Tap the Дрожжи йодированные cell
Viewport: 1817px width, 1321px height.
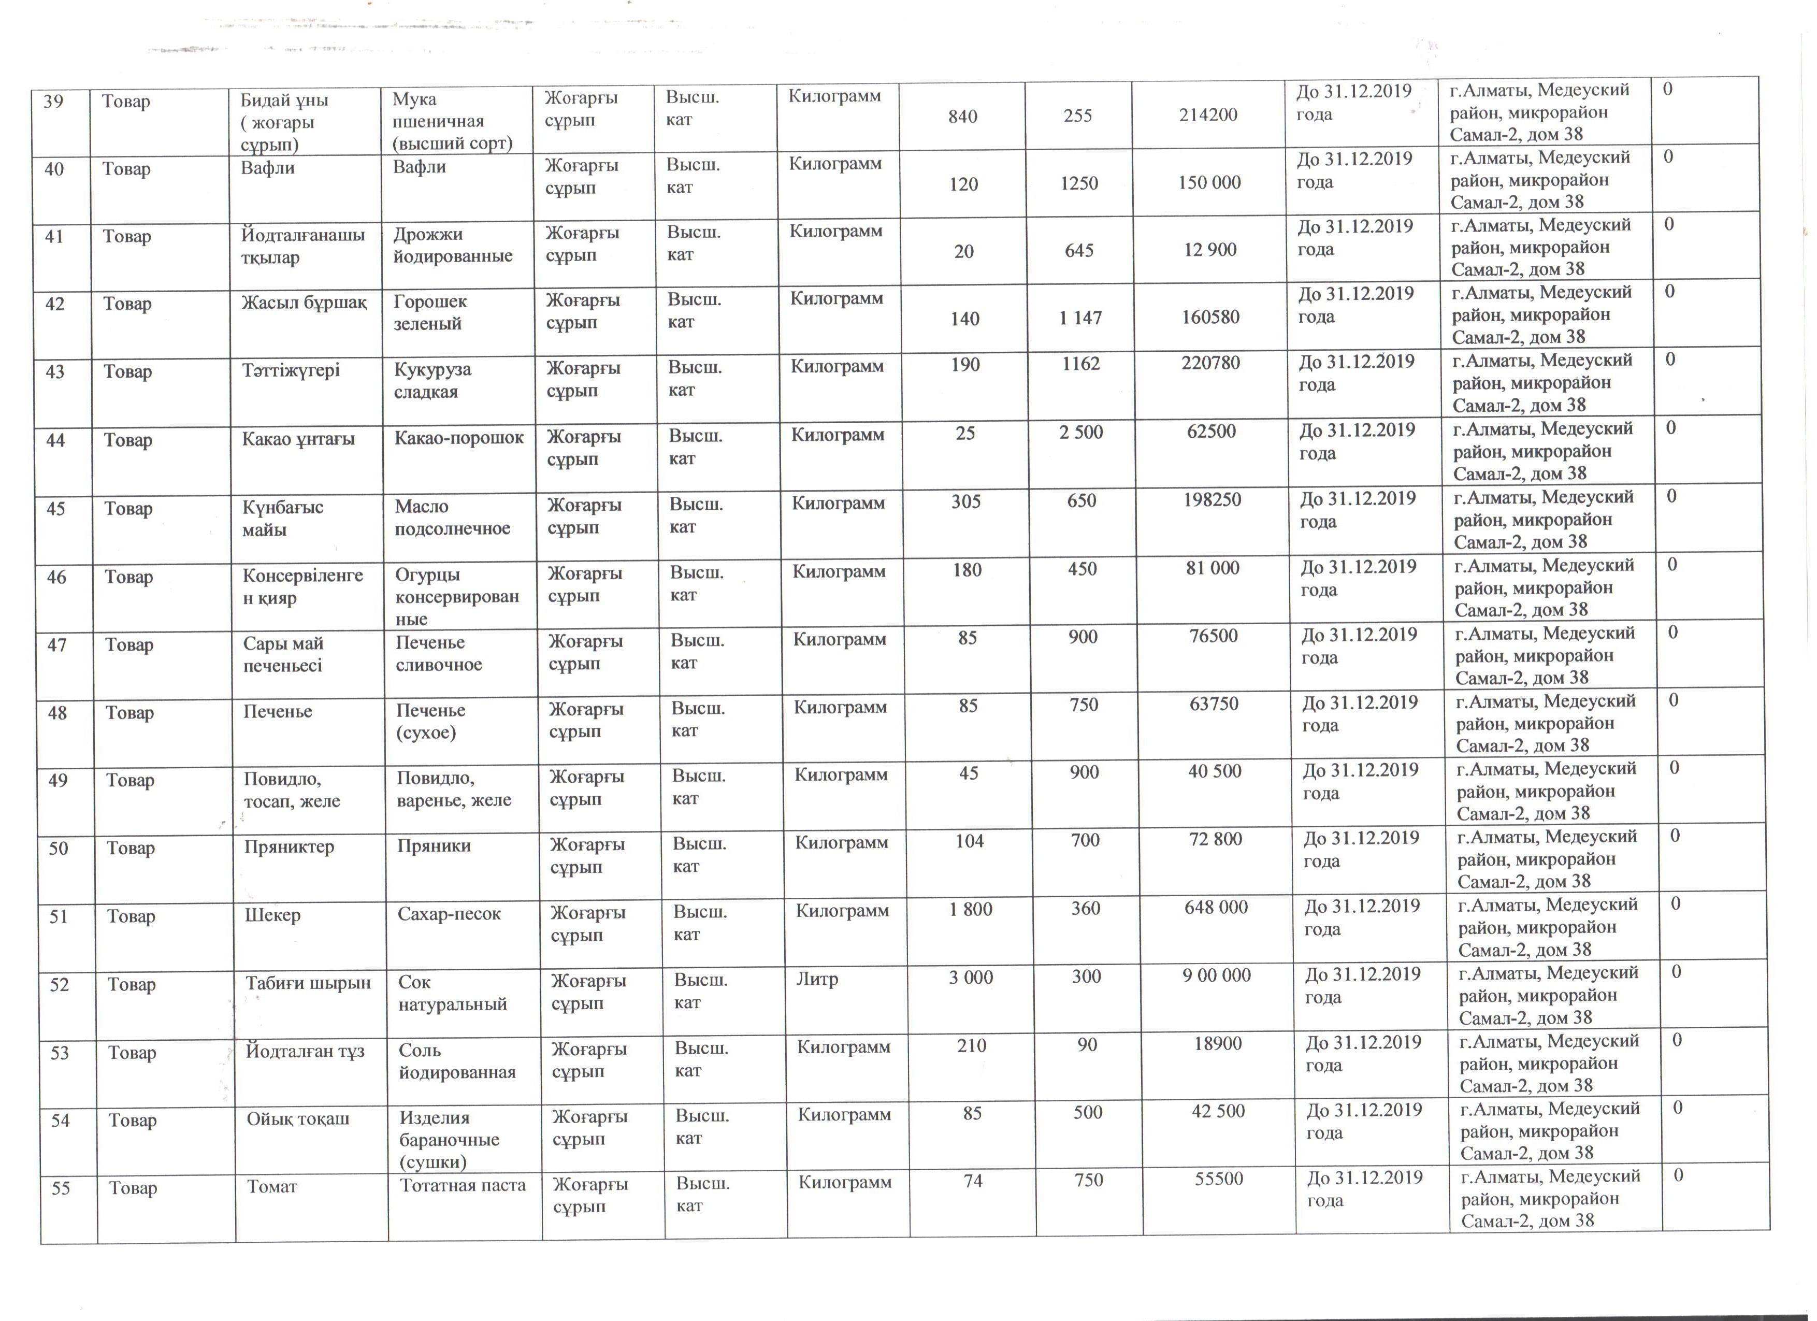pos(453,245)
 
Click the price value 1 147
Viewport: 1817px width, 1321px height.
pos(1080,318)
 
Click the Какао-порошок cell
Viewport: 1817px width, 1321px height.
pos(459,437)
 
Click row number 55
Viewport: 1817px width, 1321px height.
pos(61,1188)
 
